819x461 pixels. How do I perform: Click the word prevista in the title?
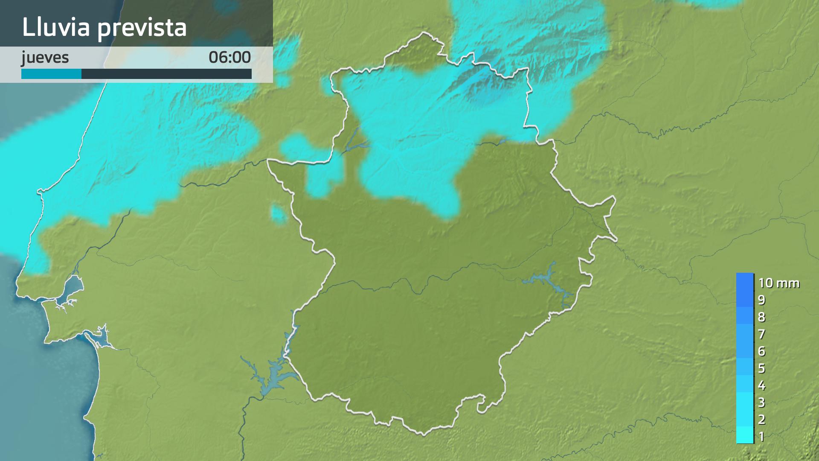tap(142, 28)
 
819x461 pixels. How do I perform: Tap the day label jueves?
tap(45, 57)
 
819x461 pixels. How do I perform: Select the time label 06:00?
tap(229, 57)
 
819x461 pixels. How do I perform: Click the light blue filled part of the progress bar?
tap(51, 74)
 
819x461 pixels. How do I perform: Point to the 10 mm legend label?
tap(778, 283)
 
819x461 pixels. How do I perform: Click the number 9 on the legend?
tap(761, 300)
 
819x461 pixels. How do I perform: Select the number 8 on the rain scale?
tap(761, 317)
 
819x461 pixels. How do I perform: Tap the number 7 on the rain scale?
tap(761, 334)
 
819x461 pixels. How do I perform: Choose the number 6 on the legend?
tap(761, 351)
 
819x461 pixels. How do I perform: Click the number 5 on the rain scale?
tap(761, 368)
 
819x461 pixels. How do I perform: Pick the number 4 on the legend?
tap(761, 385)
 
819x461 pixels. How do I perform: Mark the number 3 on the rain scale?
tap(761, 402)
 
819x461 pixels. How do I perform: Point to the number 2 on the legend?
tap(761, 419)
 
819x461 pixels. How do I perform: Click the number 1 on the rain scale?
tap(761, 436)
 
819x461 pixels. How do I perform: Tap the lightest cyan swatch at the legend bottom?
tap(745, 435)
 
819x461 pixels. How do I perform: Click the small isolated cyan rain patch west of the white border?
tap(279, 213)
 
